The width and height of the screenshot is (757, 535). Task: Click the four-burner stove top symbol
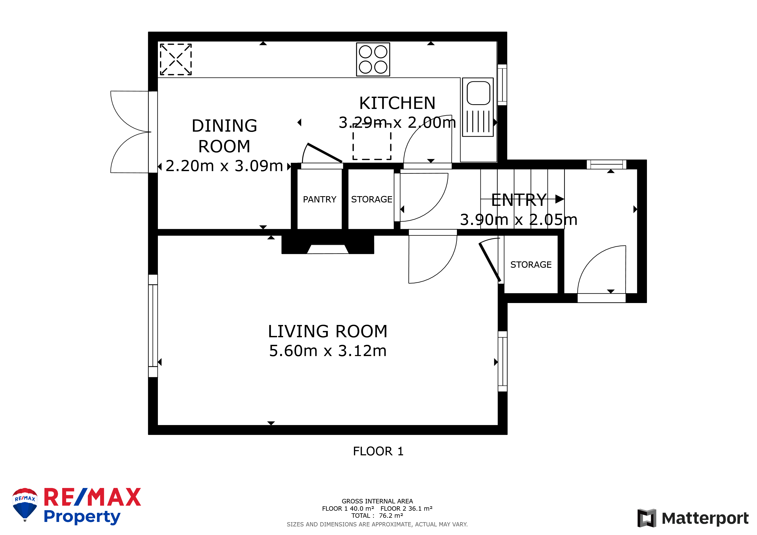[x=373, y=59]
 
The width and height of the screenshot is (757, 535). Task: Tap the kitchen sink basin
[x=478, y=93]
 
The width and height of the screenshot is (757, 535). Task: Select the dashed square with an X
[x=176, y=59]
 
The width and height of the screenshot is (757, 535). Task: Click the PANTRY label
[x=319, y=199]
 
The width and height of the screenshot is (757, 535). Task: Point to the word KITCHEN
[x=397, y=103]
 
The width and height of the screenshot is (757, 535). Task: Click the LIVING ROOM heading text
[x=327, y=331]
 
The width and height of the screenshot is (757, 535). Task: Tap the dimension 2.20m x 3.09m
[x=224, y=166]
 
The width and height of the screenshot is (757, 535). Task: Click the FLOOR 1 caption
[x=378, y=451]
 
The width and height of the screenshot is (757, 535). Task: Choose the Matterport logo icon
[x=646, y=518]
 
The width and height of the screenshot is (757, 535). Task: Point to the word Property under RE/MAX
[x=82, y=516]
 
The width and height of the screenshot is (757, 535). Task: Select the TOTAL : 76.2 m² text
[x=377, y=516]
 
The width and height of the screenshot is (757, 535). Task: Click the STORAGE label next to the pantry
[x=372, y=199]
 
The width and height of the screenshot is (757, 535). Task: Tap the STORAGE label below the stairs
[x=531, y=265]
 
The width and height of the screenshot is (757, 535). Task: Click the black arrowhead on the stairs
[x=559, y=199]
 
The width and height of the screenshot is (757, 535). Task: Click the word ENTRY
[x=519, y=200]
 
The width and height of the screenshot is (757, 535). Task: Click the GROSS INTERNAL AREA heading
[x=377, y=501]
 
